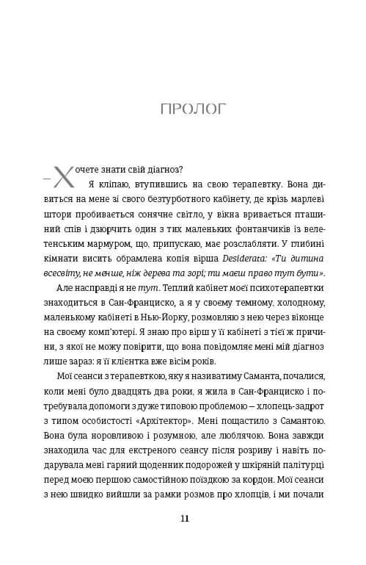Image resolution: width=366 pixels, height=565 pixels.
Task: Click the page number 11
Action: pos(183,518)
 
